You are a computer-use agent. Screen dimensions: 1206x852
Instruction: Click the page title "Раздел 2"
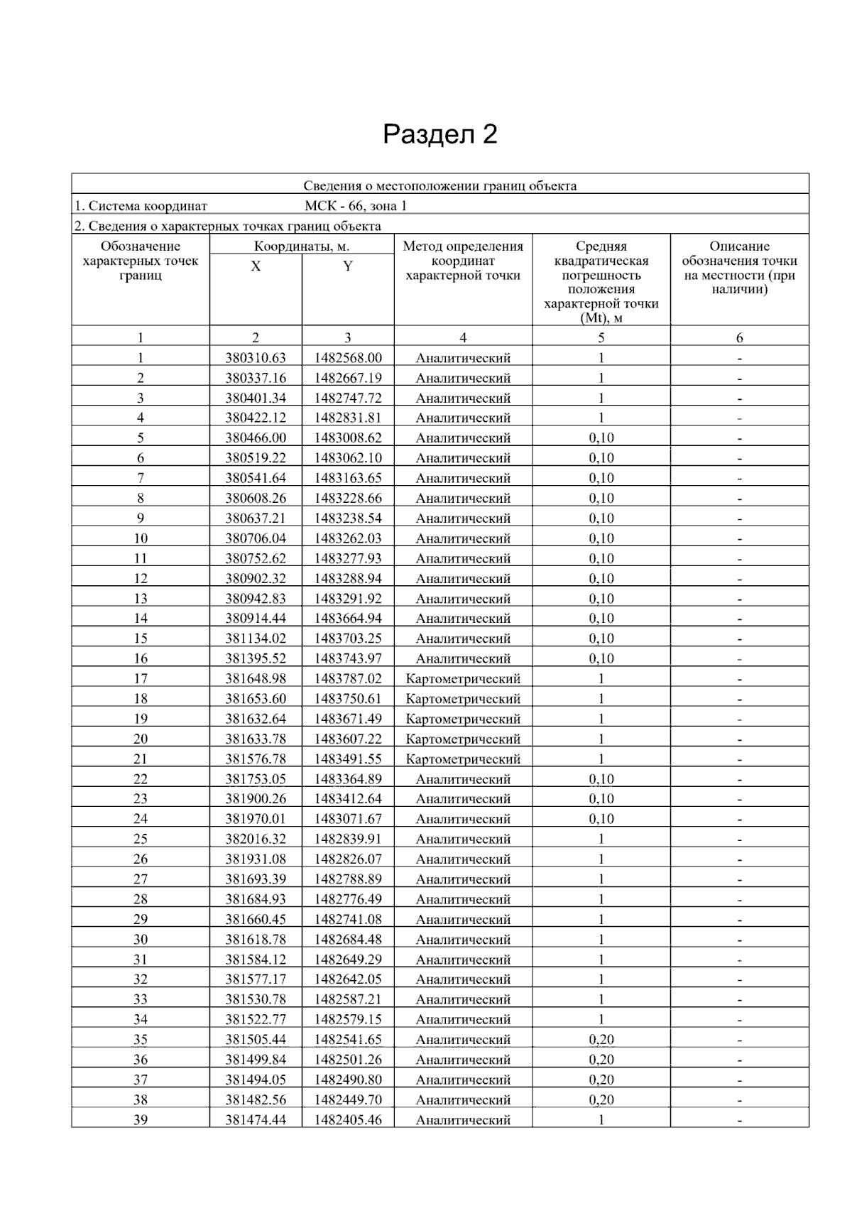click(439, 134)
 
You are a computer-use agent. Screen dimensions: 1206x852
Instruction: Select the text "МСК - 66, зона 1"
click(356, 206)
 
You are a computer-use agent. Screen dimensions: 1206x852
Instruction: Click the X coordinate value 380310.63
click(256, 358)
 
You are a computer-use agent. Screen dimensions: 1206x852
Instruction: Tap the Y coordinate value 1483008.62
click(348, 438)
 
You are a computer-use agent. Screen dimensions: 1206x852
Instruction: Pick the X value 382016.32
click(256, 839)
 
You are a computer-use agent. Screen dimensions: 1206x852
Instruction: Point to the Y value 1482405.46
click(348, 1120)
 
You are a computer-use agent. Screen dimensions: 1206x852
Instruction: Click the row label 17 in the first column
click(141, 679)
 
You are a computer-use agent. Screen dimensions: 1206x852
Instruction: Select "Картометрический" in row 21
click(463, 759)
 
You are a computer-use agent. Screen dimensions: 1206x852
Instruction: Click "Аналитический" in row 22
click(463, 779)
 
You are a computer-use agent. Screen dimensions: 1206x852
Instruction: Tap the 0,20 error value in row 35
click(601, 1040)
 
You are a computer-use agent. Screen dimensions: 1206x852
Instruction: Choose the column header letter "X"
click(256, 266)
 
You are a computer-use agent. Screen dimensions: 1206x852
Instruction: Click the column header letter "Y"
click(348, 266)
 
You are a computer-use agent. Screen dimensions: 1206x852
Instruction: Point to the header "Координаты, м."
click(302, 246)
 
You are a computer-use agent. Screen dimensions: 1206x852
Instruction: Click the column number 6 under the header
click(739, 338)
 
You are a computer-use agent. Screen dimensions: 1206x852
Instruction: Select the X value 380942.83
click(256, 599)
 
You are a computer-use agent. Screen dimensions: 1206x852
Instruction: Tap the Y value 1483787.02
click(348, 679)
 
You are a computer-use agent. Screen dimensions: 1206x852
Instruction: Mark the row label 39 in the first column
click(141, 1120)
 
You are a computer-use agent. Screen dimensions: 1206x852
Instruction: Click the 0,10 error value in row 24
click(601, 819)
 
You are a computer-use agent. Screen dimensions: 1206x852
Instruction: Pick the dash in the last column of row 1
click(739, 359)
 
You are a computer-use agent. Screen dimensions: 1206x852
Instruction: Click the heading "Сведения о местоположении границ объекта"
click(440, 186)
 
